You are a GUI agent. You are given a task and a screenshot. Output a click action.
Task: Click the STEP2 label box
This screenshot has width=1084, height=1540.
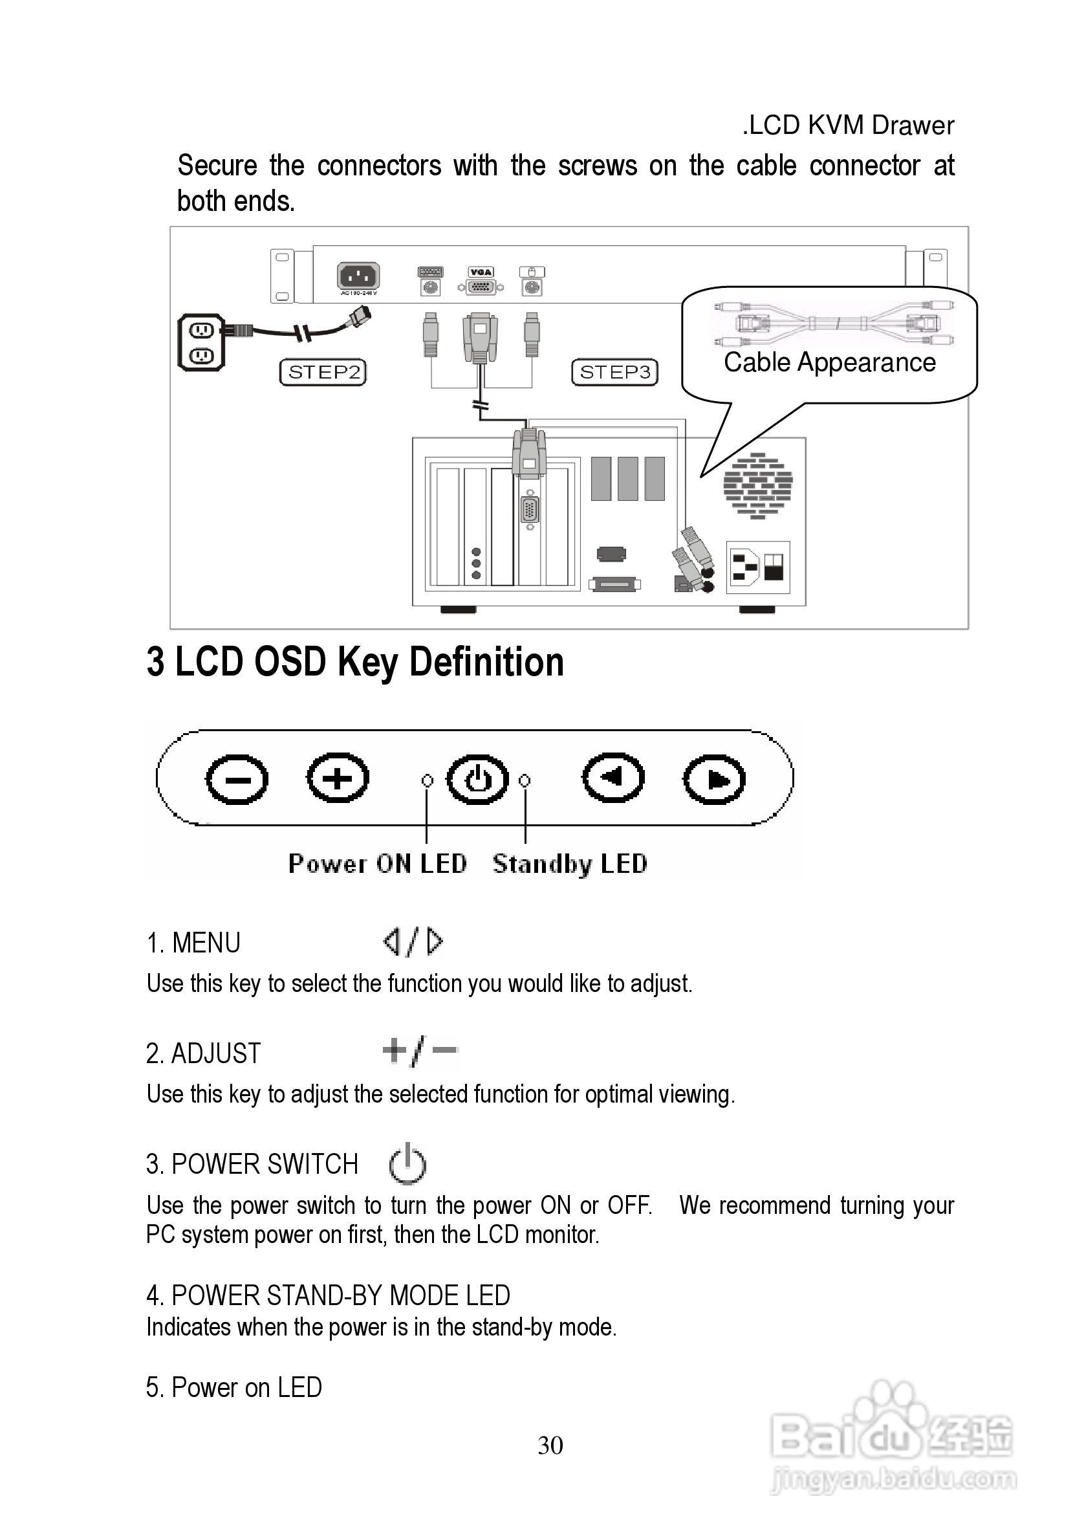pos(323,372)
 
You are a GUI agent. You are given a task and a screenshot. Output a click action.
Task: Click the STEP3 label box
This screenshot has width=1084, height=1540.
pos(614,372)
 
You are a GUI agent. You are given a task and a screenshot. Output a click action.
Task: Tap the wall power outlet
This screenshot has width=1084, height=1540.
pos(201,342)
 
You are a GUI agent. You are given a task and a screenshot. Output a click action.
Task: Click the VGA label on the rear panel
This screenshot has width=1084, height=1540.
pos(481,272)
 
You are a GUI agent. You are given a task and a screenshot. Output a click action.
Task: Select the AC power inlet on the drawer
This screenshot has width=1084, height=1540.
pos(358,276)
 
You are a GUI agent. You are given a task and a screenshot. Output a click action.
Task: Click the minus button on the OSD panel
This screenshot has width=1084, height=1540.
pos(237,780)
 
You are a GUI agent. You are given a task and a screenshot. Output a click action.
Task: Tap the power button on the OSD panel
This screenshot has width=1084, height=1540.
pos(477,780)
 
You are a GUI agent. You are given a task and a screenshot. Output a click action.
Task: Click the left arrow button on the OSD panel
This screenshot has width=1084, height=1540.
pos(612,778)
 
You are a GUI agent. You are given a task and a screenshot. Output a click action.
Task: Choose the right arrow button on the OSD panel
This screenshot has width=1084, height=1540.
pos(715,780)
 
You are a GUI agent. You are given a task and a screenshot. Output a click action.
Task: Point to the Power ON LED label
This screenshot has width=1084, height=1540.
pos(378,864)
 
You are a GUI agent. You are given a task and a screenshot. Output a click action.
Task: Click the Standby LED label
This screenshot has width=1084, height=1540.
pos(570,864)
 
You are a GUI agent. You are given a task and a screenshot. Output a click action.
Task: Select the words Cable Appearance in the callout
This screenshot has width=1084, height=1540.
pos(829,363)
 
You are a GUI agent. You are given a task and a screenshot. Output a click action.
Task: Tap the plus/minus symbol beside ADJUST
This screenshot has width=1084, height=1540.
pos(420,1051)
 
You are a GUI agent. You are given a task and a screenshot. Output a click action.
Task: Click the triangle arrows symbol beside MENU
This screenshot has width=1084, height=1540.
pos(413,941)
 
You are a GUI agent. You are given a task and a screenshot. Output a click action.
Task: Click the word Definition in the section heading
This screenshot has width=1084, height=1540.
pos(486,662)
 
